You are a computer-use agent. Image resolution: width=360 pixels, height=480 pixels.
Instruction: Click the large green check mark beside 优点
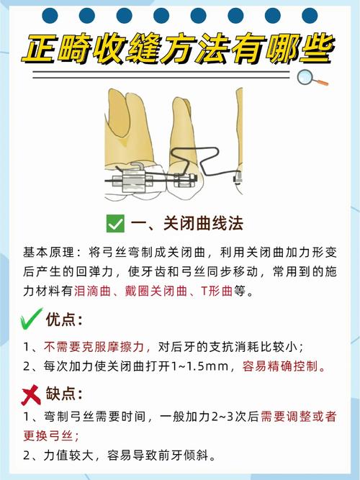[x=30, y=318]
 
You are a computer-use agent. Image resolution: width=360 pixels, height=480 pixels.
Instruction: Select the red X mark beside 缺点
[x=30, y=394]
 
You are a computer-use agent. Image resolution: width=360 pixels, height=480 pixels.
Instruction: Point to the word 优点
[x=64, y=319]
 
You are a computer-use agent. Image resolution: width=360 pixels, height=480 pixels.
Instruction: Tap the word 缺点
[x=64, y=394]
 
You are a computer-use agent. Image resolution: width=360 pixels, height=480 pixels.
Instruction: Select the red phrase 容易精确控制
[x=284, y=366]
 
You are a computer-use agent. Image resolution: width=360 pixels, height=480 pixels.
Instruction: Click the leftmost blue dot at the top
[x=49, y=14]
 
